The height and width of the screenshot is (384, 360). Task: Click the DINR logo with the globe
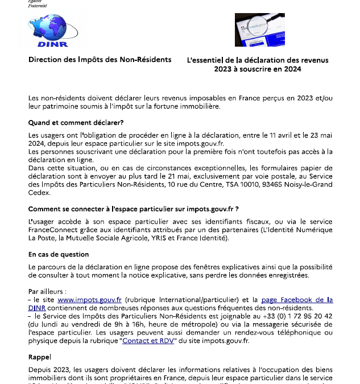click(52, 31)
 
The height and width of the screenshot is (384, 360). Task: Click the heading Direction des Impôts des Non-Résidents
click(100, 60)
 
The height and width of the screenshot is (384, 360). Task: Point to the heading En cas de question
click(59, 254)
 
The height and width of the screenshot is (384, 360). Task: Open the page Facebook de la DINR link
click(296, 299)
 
